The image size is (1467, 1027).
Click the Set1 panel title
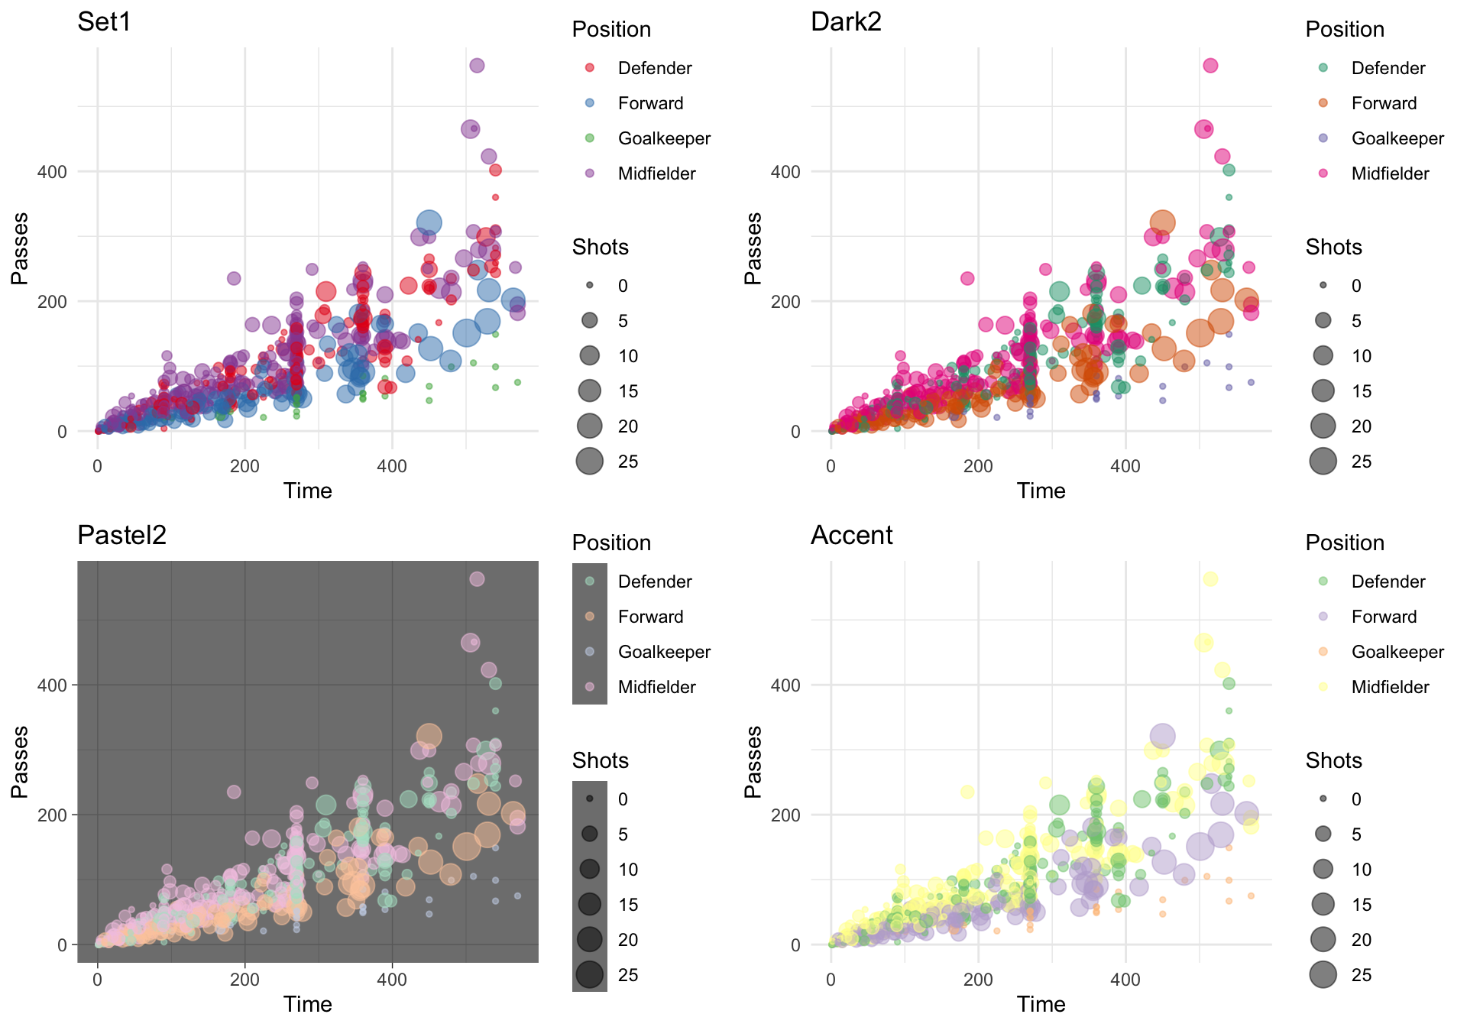pos(104,22)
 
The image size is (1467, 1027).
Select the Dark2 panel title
pos(846,22)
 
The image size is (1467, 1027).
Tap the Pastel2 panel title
pos(121,536)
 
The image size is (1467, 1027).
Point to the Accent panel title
pos(851,536)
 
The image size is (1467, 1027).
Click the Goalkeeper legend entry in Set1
pos(664,138)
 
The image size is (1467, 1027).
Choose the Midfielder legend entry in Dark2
pos(1390,173)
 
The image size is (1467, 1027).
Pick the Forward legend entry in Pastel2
pos(650,617)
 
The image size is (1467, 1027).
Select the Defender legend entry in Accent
pos(1388,582)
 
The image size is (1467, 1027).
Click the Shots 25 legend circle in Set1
pos(590,461)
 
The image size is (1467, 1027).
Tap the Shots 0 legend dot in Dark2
pos(1323,285)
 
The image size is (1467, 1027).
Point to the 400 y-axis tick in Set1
pos(52,171)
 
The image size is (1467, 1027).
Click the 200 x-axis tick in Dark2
pos(978,466)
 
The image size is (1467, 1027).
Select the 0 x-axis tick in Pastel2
pos(97,980)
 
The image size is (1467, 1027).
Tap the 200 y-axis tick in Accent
pos(785,815)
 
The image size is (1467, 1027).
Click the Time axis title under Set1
pos(307,491)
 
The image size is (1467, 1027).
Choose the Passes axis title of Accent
pos(753,762)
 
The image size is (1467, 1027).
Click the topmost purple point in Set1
pos(477,66)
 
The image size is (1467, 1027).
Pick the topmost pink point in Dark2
pos(1210,66)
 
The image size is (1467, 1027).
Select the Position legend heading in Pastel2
pos(611,543)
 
